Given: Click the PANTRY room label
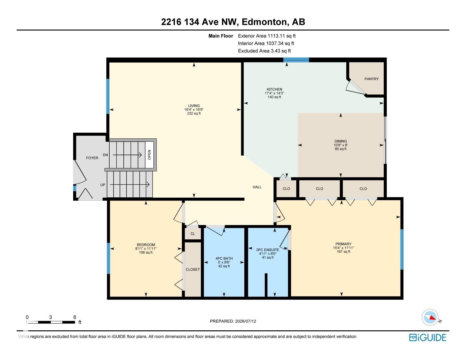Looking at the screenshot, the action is pyautogui.click(x=371, y=79).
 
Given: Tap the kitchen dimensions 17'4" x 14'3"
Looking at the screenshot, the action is pyautogui.click(x=274, y=93).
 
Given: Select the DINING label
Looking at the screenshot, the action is pyautogui.click(x=341, y=141).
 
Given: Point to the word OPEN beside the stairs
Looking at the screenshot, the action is pyautogui.click(x=149, y=155).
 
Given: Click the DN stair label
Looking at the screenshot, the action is pyautogui.click(x=105, y=155).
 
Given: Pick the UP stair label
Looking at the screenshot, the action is pyautogui.click(x=103, y=185).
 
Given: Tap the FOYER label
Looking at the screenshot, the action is pyautogui.click(x=92, y=158).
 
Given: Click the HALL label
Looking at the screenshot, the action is pyautogui.click(x=257, y=187).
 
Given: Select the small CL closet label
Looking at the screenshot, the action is pyautogui.click(x=193, y=234).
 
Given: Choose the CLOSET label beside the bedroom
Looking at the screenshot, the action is pyautogui.click(x=193, y=270).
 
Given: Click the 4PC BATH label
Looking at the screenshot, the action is pyautogui.click(x=224, y=259).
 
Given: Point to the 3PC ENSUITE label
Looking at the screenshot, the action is pyautogui.click(x=268, y=250).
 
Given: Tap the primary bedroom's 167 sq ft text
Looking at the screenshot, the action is pyautogui.click(x=343, y=252).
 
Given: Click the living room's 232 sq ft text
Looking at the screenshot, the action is pyautogui.click(x=194, y=114).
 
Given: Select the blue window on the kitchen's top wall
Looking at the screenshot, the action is pyautogui.click(x=296, y=60).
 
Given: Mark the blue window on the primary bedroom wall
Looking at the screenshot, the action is pyautogui.click(x=402, y=249).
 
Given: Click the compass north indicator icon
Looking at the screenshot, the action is pyautogui.click(x=430, y=318).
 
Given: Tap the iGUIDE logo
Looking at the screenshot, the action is pyautogui.click(x=428, y=337).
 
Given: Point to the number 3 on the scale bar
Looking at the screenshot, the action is pyautogui.click(x=51, y=317).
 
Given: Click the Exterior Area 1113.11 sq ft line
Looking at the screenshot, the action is pyautogui.click(x=267, y=36).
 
